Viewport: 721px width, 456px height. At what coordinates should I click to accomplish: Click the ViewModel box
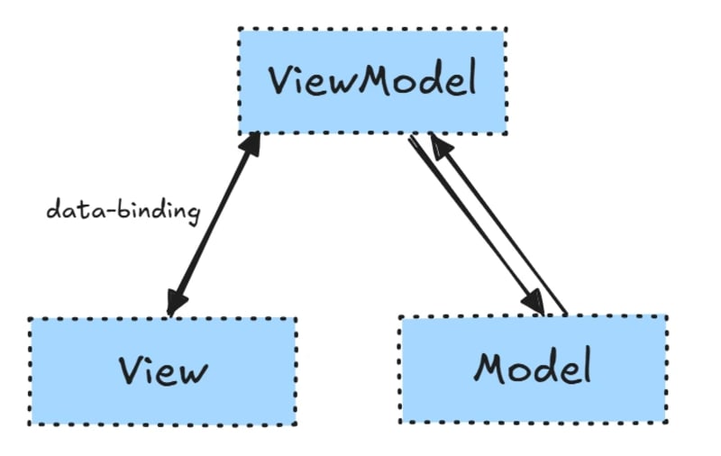coord(371,81)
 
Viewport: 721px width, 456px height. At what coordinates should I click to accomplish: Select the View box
coord(162,371)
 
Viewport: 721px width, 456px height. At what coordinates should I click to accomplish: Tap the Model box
coord(533,369)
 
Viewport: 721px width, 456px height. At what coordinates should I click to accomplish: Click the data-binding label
coord(123,212)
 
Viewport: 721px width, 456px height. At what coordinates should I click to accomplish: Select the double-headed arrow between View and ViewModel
coord(213,225)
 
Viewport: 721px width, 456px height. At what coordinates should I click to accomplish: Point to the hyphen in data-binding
coord(99,213)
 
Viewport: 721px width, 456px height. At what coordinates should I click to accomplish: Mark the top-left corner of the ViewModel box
coord(240,30)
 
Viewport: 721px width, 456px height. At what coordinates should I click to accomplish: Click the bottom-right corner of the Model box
coord(666,422)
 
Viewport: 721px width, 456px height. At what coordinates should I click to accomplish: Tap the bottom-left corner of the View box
coord(30,424)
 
